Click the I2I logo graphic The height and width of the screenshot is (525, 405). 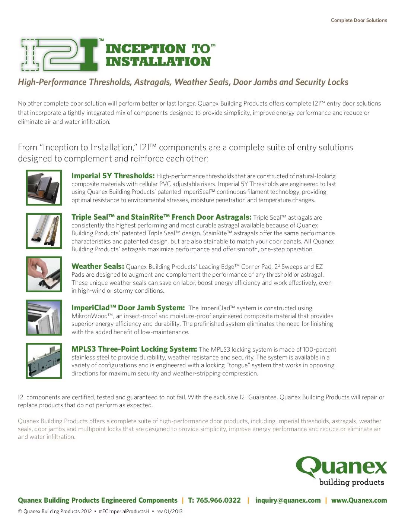click(60, 54)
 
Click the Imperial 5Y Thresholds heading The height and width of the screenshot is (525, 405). click(113, 176)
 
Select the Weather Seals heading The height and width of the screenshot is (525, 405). click(98, 266)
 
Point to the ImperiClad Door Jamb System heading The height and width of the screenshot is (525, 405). click(128, 308)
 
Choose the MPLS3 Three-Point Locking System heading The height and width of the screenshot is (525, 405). click(134, 349)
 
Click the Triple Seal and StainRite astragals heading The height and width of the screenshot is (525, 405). click(161, 217)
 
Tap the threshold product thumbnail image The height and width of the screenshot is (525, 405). click(44, 188)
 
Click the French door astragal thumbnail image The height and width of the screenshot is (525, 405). click(44, 231)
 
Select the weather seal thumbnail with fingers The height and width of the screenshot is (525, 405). click(44, 274)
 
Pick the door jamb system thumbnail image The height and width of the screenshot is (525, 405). click(44, 318)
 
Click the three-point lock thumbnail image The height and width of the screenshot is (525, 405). click(44, 361)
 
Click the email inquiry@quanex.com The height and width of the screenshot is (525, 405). click(288, 500)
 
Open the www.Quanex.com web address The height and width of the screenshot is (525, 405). click(359, 500)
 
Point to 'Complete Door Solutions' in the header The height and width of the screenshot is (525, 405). click(359, 21)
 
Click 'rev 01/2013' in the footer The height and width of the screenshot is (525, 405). click(169, 511)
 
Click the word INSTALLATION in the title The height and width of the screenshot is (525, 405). click(158, 62)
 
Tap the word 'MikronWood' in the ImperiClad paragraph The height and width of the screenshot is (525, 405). click(92, 316)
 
